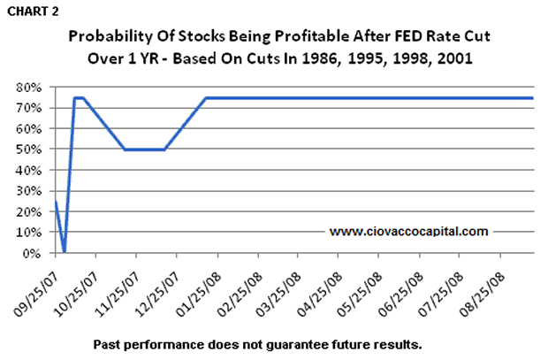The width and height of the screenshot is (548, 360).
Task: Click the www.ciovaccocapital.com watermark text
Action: [x=408, y=232]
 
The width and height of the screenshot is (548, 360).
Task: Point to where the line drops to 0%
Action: [x=64, y=251]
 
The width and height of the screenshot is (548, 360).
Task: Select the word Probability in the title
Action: [x=110, y=38]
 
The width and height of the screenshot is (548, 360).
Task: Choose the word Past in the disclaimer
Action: [x=105, y=341]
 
